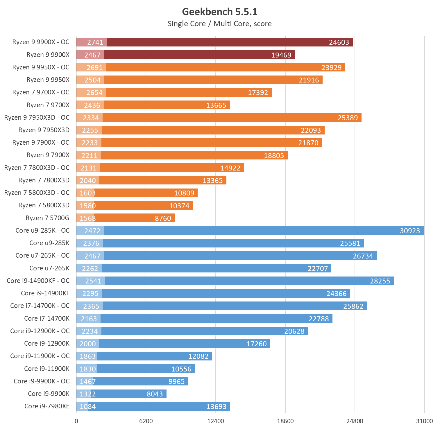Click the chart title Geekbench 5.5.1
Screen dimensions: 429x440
pyautogui.click(x=220, y=12)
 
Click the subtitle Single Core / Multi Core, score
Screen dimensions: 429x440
pyautogui.click(x=220, y=24)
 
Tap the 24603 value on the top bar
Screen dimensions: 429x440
pyautogui.click(x=339, y=42)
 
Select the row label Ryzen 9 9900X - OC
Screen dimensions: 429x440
pyautogui.click(x=41, y=42)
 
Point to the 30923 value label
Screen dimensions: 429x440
pyautogui.click(x=410, y=231)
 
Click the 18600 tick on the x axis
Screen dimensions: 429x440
pyautogui.click(x=285, y=421)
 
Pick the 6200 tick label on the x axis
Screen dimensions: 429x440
pyautogui.click(x=146, y=421)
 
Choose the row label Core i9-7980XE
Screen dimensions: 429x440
pyautogui.click(x=47, y=406)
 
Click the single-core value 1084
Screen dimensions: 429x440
pyautogui.click(x=87, y=407)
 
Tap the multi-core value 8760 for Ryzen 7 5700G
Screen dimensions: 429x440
pyautogui.click(x=163, y=218)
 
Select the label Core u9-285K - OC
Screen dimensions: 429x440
pyautogui.click(x=42, y=231)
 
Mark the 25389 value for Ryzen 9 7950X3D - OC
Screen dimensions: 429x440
pyautogui.click(x=348, y=118)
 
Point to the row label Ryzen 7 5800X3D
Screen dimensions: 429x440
pyautogui.click(x=44, y=205)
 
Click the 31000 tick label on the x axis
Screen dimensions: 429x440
pyautogui.click(x=424, y=421)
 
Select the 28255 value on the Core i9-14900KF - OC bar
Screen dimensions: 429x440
pyautogui.click(x=380, y=281)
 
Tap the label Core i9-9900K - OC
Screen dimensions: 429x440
pyautogui.click(x=42, y=381)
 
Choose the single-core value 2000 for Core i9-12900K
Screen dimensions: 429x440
pyautogui.click(x=87, y=344)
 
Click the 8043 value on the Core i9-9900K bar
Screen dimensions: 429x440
pyautogui.click(x=155, y=394)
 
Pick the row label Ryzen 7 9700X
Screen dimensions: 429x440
pyautogui.click(x=48, y=105)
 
